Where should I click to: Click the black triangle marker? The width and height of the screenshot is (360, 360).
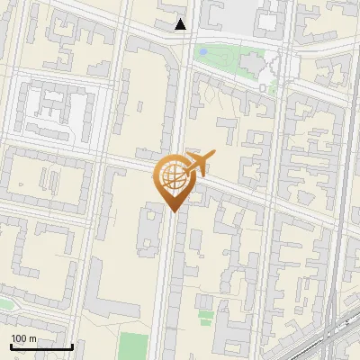[182, 24]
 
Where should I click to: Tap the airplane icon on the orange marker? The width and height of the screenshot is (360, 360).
[200, 163]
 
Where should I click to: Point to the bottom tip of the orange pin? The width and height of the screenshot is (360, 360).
[173, 211]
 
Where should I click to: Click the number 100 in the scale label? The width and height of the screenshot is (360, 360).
[19, 338]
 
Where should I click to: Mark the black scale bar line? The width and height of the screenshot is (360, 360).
[41, 346]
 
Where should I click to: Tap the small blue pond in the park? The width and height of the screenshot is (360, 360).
[203, 52]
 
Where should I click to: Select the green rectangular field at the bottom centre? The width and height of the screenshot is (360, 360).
[133, 346]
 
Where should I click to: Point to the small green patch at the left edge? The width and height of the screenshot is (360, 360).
[4, 303]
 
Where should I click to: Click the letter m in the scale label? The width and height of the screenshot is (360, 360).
[32, 338]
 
